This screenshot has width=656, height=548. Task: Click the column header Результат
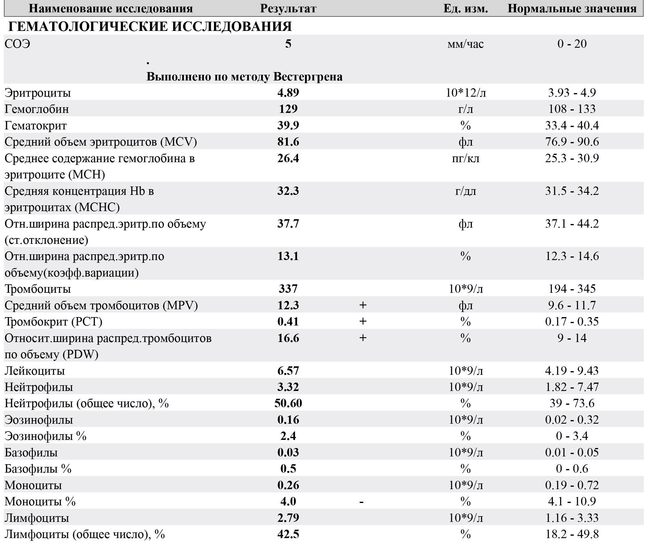(288, 8)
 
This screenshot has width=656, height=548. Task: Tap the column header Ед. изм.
(465, 8)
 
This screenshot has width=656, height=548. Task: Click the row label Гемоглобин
(37, 109)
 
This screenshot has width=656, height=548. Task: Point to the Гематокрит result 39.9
(288, 125)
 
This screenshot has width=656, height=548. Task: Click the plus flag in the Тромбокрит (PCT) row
(363, 321)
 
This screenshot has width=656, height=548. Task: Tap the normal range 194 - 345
(572, 289)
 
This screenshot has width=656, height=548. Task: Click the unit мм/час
(465, 44)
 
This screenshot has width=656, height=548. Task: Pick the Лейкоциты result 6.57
(288, 371)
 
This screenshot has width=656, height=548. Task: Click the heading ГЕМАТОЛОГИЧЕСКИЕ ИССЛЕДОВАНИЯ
(150, 26)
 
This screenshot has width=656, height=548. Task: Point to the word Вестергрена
(308, 77)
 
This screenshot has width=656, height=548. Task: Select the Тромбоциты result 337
(288, 289)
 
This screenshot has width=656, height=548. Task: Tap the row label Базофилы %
(38, 469)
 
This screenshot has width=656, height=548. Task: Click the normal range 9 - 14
(572, 338)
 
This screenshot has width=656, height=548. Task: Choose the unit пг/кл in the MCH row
(465, 159)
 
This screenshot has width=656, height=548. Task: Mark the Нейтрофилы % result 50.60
(288, 403)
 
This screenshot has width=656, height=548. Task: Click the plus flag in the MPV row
(363, 305)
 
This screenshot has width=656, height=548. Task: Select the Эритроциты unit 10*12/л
(465, 93)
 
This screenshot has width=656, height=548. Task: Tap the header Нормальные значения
(572, 8)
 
